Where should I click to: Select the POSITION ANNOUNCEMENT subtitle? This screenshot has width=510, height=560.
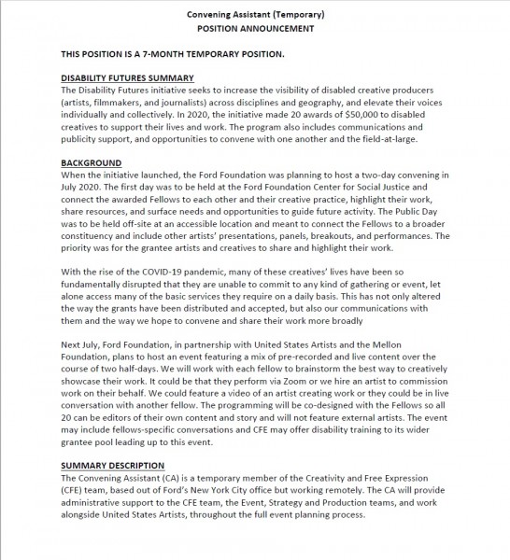(254, 29)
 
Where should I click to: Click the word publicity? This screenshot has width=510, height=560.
(88, 138)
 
